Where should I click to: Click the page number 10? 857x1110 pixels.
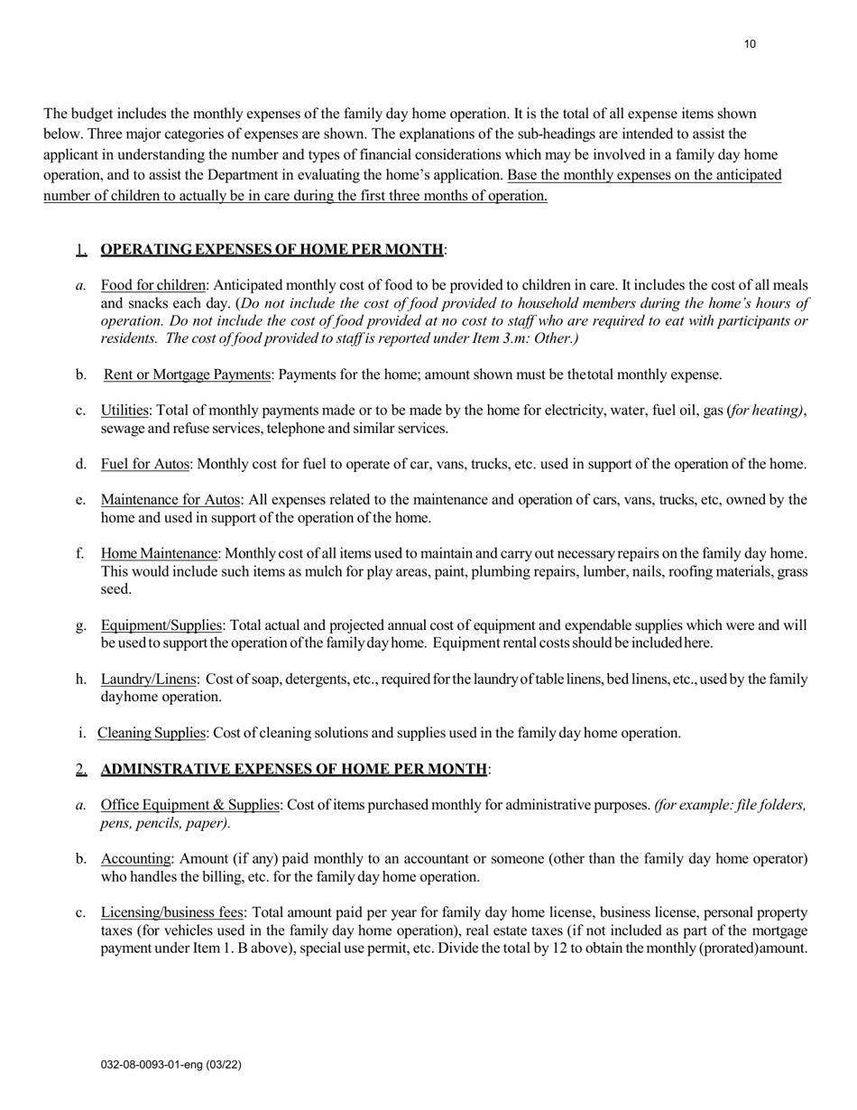pos(751,44)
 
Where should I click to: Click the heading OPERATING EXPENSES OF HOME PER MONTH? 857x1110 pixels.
pos(272,249)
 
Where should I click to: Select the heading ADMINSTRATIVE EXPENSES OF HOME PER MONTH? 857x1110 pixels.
pos(294,769)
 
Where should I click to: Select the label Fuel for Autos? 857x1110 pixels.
pos(145,464)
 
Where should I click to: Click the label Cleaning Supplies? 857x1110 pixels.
pos(152,733)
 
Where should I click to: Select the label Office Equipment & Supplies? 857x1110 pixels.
pos(190,805)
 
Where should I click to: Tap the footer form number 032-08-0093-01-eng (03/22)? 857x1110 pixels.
pos(170,1065)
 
